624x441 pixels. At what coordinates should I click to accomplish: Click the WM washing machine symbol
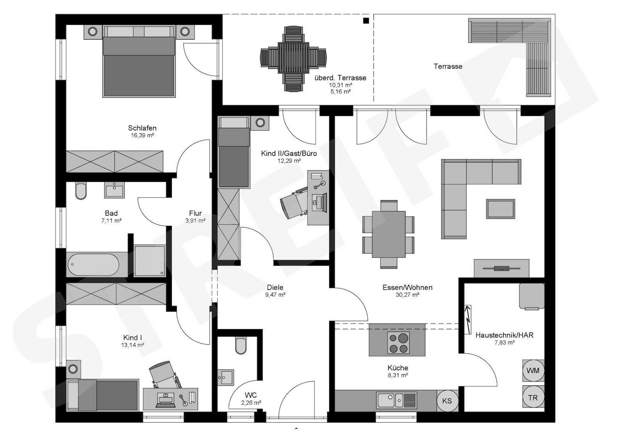533,371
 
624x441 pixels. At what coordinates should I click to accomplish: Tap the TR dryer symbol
533,398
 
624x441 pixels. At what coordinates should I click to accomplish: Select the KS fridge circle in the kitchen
447,401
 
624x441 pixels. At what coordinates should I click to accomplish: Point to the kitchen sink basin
386,400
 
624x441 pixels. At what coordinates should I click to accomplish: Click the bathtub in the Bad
93,265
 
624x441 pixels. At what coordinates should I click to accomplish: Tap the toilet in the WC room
241,345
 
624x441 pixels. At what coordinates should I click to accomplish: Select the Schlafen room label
142,128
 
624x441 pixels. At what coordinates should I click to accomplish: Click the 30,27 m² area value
407,295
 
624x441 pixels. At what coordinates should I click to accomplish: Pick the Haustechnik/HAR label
504,335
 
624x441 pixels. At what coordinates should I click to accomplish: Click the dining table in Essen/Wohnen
388,234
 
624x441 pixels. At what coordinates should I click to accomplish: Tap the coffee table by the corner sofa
500,209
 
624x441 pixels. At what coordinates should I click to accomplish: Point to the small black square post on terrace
366,20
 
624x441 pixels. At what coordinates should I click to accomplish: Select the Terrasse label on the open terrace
448,66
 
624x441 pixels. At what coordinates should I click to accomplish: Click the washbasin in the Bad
114,190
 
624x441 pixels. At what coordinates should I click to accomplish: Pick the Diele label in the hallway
275,287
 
